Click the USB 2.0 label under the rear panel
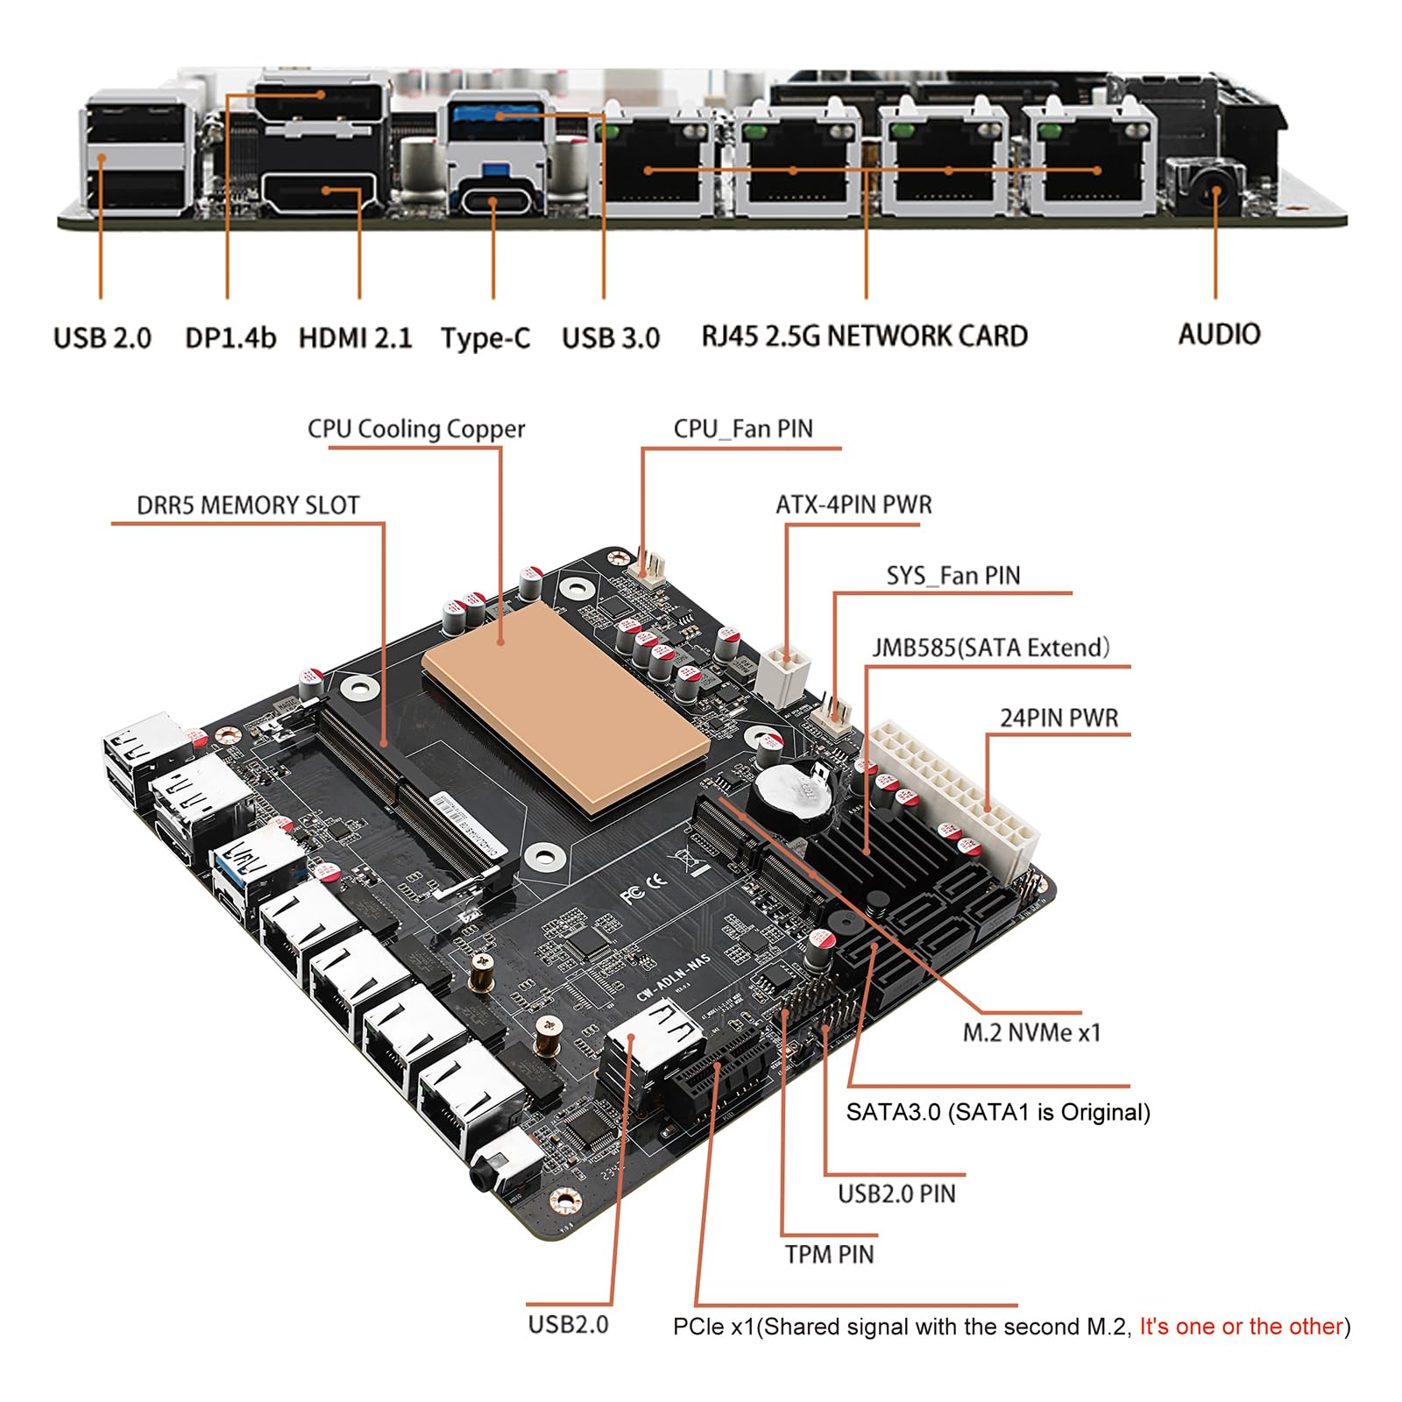point(103,337)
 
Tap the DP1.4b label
point(230,337)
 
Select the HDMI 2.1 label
point(355,337)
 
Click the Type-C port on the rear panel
point(492,201)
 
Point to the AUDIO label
point(1219,334)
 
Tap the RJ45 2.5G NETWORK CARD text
point(864,336)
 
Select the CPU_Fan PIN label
point(743,428)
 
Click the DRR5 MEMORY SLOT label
point(248,506)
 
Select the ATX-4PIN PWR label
point(853,505)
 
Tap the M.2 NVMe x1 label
point(1031,1032)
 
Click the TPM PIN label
point(829,1254)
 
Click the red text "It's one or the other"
point(1241,1327)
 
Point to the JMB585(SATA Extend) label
point(991,648)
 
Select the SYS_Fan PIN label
point(953,576)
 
